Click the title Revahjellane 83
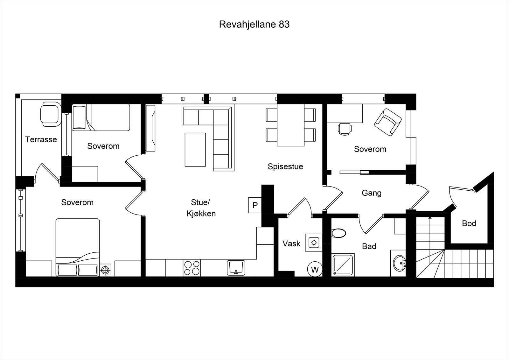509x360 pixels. point(254,25)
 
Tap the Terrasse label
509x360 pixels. point(41,139)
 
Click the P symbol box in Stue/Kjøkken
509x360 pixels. point(255,205)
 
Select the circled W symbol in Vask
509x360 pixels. point(315,270)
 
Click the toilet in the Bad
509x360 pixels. point(338,233)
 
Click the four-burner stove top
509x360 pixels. point(192,268)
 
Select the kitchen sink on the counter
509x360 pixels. point(236,267)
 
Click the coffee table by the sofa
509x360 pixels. point(195,150)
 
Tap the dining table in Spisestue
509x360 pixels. point(290,125)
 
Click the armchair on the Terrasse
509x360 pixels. point(50,114)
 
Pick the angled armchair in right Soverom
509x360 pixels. point(388,122)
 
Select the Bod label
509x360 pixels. point(469,223)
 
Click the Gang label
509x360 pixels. point(372,193)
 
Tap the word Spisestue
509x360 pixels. point(285,166)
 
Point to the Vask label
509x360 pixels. point(291,244)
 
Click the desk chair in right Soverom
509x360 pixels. point(345,129)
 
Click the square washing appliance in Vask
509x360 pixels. point(314,243)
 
